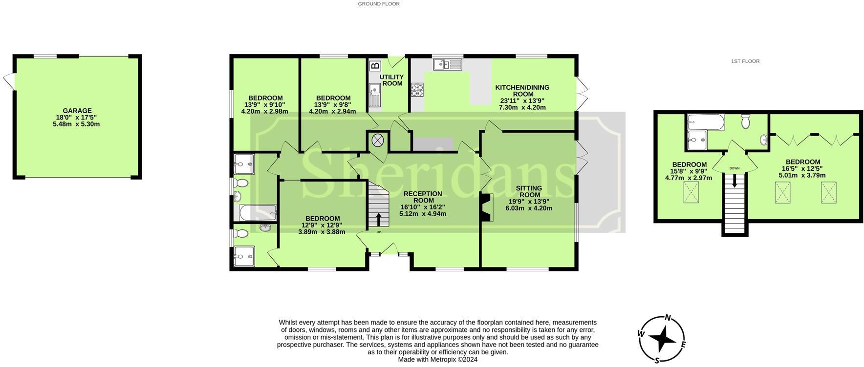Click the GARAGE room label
[x=77, y=111]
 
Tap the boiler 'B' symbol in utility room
[x=375, y=66]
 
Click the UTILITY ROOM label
[x=392, y=80]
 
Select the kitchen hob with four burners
[x=417, y=89]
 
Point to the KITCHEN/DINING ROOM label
[x=522, y=91]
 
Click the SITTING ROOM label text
[x=529, y=191]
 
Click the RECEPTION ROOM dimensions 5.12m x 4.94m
[x=423, y=214]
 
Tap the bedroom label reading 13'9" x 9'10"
[x=264, y=104]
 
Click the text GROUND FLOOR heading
[x=379, y=4]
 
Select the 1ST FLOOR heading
[x=745, y=61]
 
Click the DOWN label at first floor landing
[x=734, y=168]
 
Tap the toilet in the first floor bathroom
[x=746, y=121]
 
